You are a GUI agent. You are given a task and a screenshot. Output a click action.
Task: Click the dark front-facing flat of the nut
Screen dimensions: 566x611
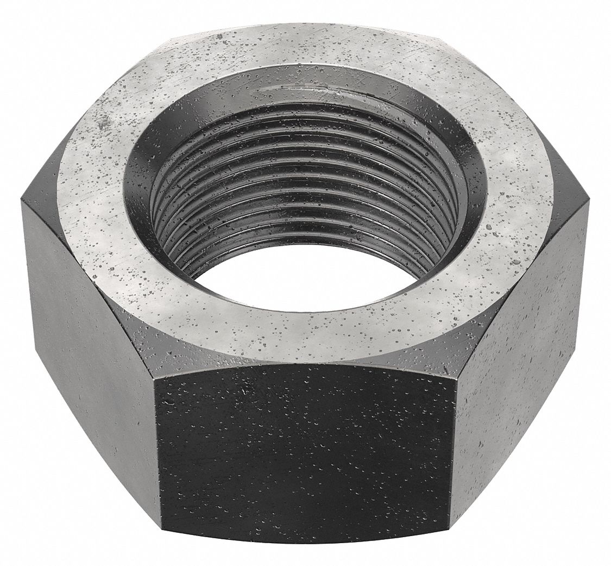(x=307, y=451)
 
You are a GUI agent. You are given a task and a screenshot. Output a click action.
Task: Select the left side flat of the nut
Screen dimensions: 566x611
(x=87, y=348)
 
